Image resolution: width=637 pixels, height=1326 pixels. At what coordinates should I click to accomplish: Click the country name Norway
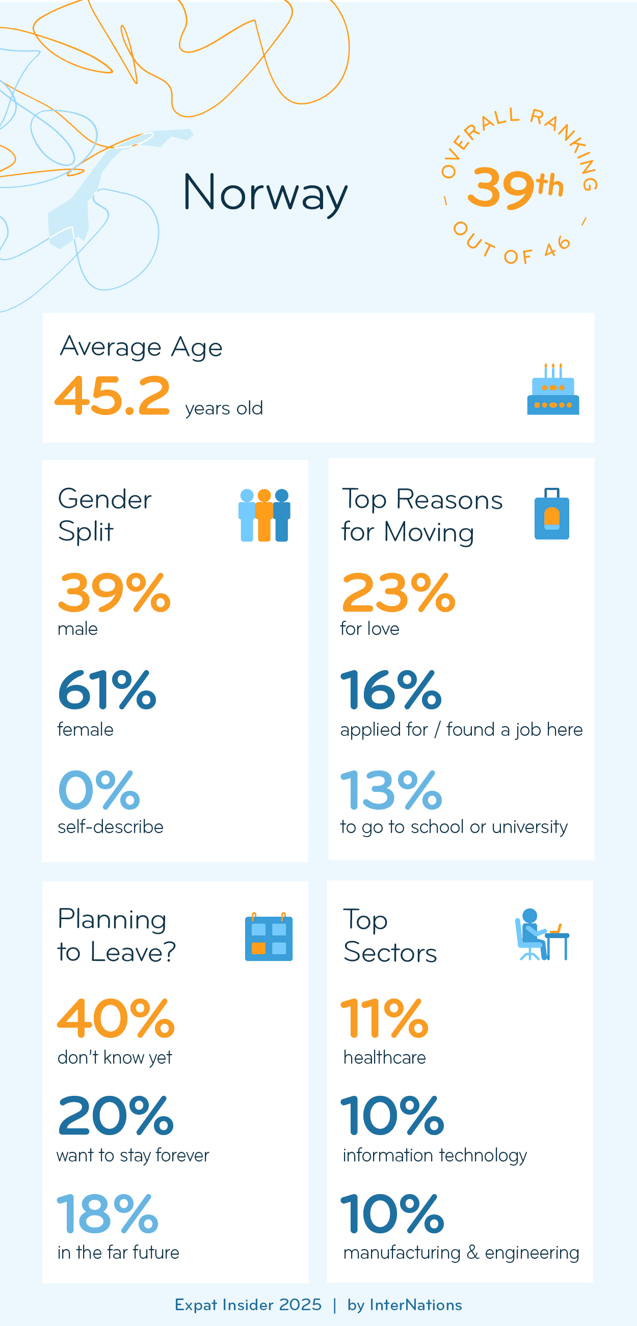point(264,192)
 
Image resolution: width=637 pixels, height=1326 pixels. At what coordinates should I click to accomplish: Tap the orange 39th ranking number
point(515,187)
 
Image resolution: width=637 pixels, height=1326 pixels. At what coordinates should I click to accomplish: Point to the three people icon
point(264,515)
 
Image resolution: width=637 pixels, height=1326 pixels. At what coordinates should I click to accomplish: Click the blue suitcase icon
point(551,514)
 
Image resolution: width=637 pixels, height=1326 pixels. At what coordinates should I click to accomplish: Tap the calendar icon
point(268,937)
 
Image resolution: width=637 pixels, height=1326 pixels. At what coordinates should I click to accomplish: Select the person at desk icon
point(541,935)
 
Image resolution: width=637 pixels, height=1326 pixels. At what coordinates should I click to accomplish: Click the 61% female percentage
point(107,690)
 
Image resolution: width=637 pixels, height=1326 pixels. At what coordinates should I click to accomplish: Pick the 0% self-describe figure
point(99,790)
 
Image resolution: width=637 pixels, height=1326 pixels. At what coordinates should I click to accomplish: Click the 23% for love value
point(398,593)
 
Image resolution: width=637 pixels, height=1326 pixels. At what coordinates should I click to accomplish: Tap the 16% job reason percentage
point(391,690)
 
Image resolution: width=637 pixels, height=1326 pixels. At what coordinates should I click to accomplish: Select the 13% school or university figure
point(391,790)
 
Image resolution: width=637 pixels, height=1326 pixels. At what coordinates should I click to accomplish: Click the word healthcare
point(384,1058)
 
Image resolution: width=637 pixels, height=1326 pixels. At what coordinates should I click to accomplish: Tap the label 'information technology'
point(435,1155)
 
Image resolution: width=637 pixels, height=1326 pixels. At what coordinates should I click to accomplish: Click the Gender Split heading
point(104,515)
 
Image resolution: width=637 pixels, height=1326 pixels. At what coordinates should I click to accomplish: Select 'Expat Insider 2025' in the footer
point(248,1305)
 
